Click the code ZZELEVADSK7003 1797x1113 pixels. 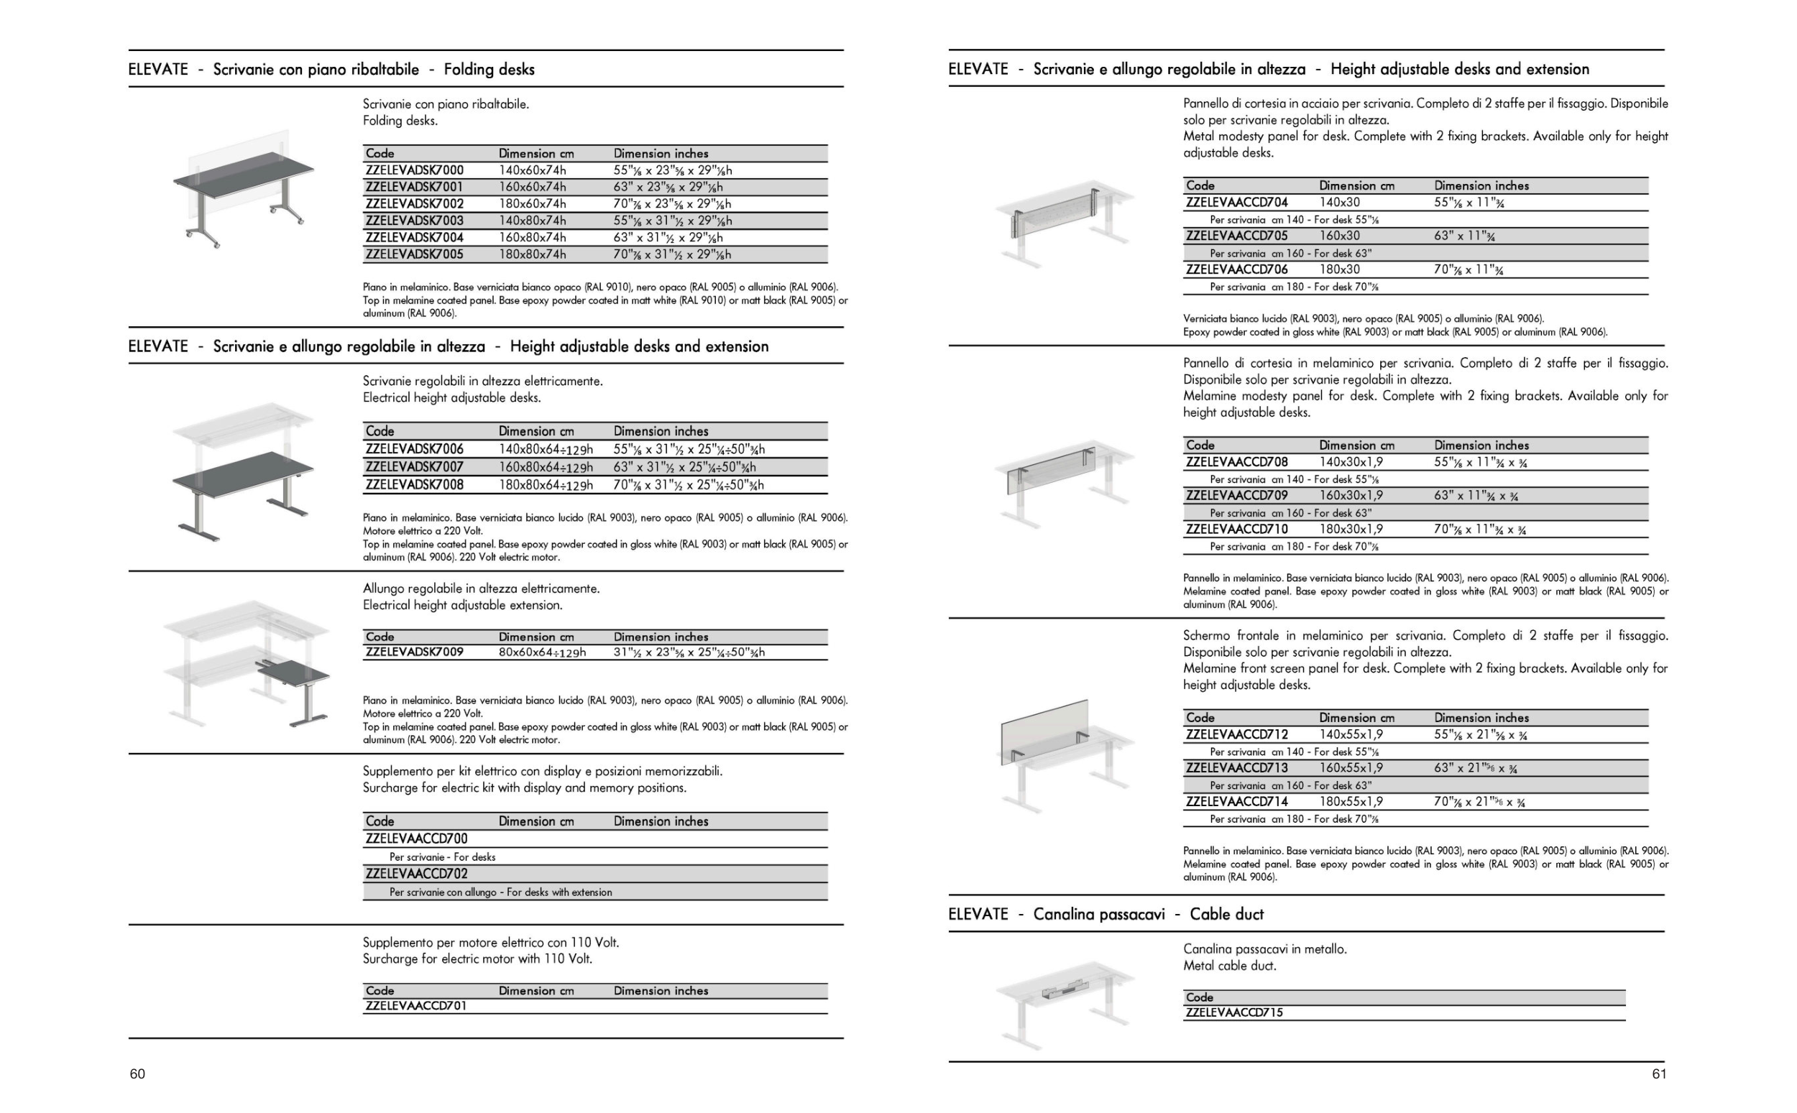415,220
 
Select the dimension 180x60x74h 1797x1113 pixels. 532,204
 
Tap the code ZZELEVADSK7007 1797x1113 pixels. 415,467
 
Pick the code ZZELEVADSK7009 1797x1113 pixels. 415,652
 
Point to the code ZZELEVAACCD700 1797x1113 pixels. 416,839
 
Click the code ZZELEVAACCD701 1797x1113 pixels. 416,1005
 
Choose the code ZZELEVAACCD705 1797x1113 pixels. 1237,236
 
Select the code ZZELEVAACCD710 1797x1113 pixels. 1237,529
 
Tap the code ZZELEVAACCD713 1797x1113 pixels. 1237,768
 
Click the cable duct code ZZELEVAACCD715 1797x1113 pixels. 1234,1012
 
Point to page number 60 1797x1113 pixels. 138,1074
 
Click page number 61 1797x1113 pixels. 1659,1074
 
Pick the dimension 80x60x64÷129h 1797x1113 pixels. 542,652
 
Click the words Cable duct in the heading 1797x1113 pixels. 1226,914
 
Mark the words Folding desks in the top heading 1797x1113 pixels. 489,69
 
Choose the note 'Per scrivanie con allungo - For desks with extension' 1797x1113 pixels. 500,892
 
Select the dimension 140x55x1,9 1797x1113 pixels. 1351,734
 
